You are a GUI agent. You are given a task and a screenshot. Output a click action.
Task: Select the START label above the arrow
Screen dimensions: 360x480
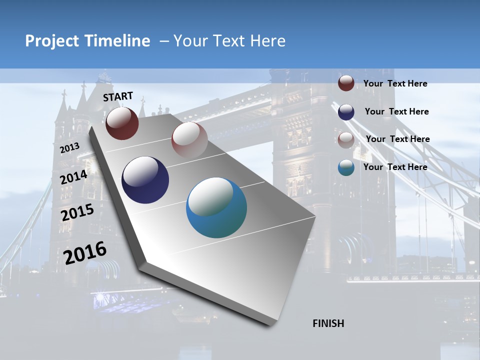point(118,96)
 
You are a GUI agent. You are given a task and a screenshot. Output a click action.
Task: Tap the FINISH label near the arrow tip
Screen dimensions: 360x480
point(328,323)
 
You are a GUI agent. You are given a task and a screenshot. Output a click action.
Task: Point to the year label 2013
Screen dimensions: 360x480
point(69,148)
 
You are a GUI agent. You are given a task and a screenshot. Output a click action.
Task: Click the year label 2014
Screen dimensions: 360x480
point(74,177)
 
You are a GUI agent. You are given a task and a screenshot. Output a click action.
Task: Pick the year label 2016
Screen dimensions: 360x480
point(85,253)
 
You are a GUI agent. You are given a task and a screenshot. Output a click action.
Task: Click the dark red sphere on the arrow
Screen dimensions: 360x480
point(122,123)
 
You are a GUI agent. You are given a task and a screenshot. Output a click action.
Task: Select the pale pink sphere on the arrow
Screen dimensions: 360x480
point(189,140)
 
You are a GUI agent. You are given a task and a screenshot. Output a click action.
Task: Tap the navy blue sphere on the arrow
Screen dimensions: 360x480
point(145,180)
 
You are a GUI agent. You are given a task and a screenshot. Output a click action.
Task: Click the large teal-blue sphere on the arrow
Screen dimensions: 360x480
point(216,207)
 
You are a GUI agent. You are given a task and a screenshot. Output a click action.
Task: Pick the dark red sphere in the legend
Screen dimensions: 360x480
point(346,83)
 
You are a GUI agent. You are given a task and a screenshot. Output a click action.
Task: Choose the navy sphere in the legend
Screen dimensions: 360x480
point(346,111)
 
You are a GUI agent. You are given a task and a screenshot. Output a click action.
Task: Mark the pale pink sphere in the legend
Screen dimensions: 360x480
point(346,139)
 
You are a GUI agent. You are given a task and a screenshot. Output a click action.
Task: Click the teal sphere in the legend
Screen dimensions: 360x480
point(346,167)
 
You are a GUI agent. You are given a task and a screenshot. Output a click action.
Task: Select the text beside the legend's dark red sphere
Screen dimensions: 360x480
point(395,83)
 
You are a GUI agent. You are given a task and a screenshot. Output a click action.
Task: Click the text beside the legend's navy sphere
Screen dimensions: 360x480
point(396,111)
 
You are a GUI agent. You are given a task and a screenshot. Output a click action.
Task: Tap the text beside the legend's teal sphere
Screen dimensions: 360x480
point(395,167)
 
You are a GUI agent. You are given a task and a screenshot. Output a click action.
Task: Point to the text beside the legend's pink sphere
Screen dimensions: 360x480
point(397,139)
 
